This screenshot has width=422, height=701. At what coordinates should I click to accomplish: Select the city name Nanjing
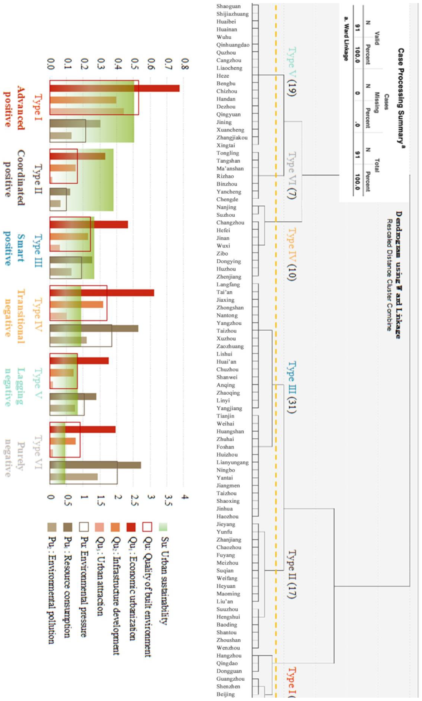tap(226, 207)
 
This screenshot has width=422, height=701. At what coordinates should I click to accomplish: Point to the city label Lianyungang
tap(232, 462)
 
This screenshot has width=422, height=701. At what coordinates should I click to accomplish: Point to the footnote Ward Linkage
tap(346, 38)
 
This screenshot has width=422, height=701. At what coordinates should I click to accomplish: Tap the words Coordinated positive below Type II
tap(14, 178)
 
